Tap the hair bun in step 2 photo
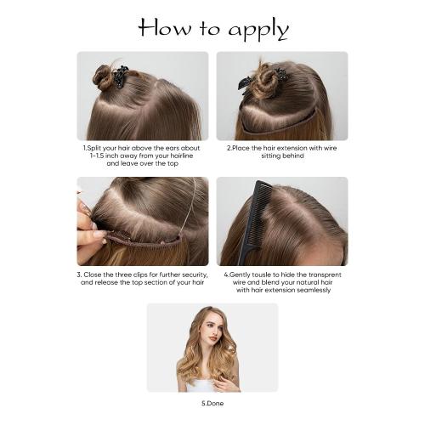266,81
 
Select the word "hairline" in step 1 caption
173,155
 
